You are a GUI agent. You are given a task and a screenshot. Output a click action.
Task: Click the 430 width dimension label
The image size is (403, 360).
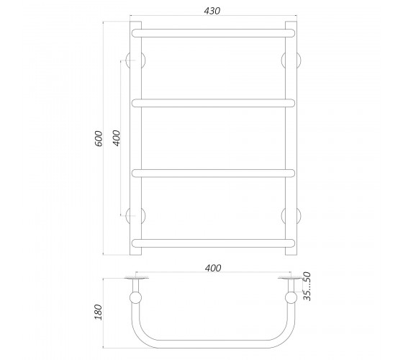point(212,11)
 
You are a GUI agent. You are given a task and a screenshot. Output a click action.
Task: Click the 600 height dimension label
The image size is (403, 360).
point(99,138)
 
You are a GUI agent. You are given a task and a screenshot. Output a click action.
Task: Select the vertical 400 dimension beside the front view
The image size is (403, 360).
point(117,138)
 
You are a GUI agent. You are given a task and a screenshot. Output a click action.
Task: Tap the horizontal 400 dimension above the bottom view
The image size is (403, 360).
point(213,268)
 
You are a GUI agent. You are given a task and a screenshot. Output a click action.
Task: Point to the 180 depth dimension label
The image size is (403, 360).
point(99,312)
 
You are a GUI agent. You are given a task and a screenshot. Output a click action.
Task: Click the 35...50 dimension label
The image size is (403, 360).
point(307,287)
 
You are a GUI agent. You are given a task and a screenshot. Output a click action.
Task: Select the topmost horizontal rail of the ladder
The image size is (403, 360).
point(213,33)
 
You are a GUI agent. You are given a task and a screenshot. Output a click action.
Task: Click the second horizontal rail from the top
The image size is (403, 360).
point(213,103)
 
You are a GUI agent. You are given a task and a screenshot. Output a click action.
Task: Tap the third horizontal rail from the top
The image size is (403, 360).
point(213,173)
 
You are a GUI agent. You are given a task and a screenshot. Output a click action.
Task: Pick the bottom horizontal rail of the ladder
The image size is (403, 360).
point(213,243)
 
